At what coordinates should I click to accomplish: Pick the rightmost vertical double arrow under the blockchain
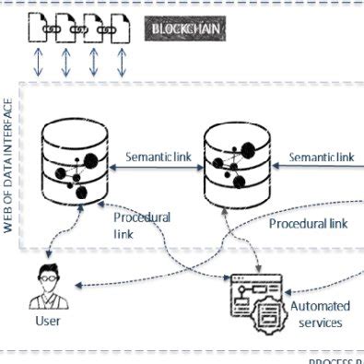click(x=121, y=65)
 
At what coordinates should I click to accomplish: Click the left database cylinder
click(x=69, y=164)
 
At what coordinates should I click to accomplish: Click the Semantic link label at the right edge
click(x=321, y=157)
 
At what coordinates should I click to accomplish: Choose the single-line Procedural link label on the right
click(x=311, y=223)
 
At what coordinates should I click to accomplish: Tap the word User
click(x=47, y=322)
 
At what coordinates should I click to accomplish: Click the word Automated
click(x=321, y=306)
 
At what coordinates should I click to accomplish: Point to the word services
click(x=321, y=323)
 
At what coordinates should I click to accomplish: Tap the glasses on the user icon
click(x=47, y=276)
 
